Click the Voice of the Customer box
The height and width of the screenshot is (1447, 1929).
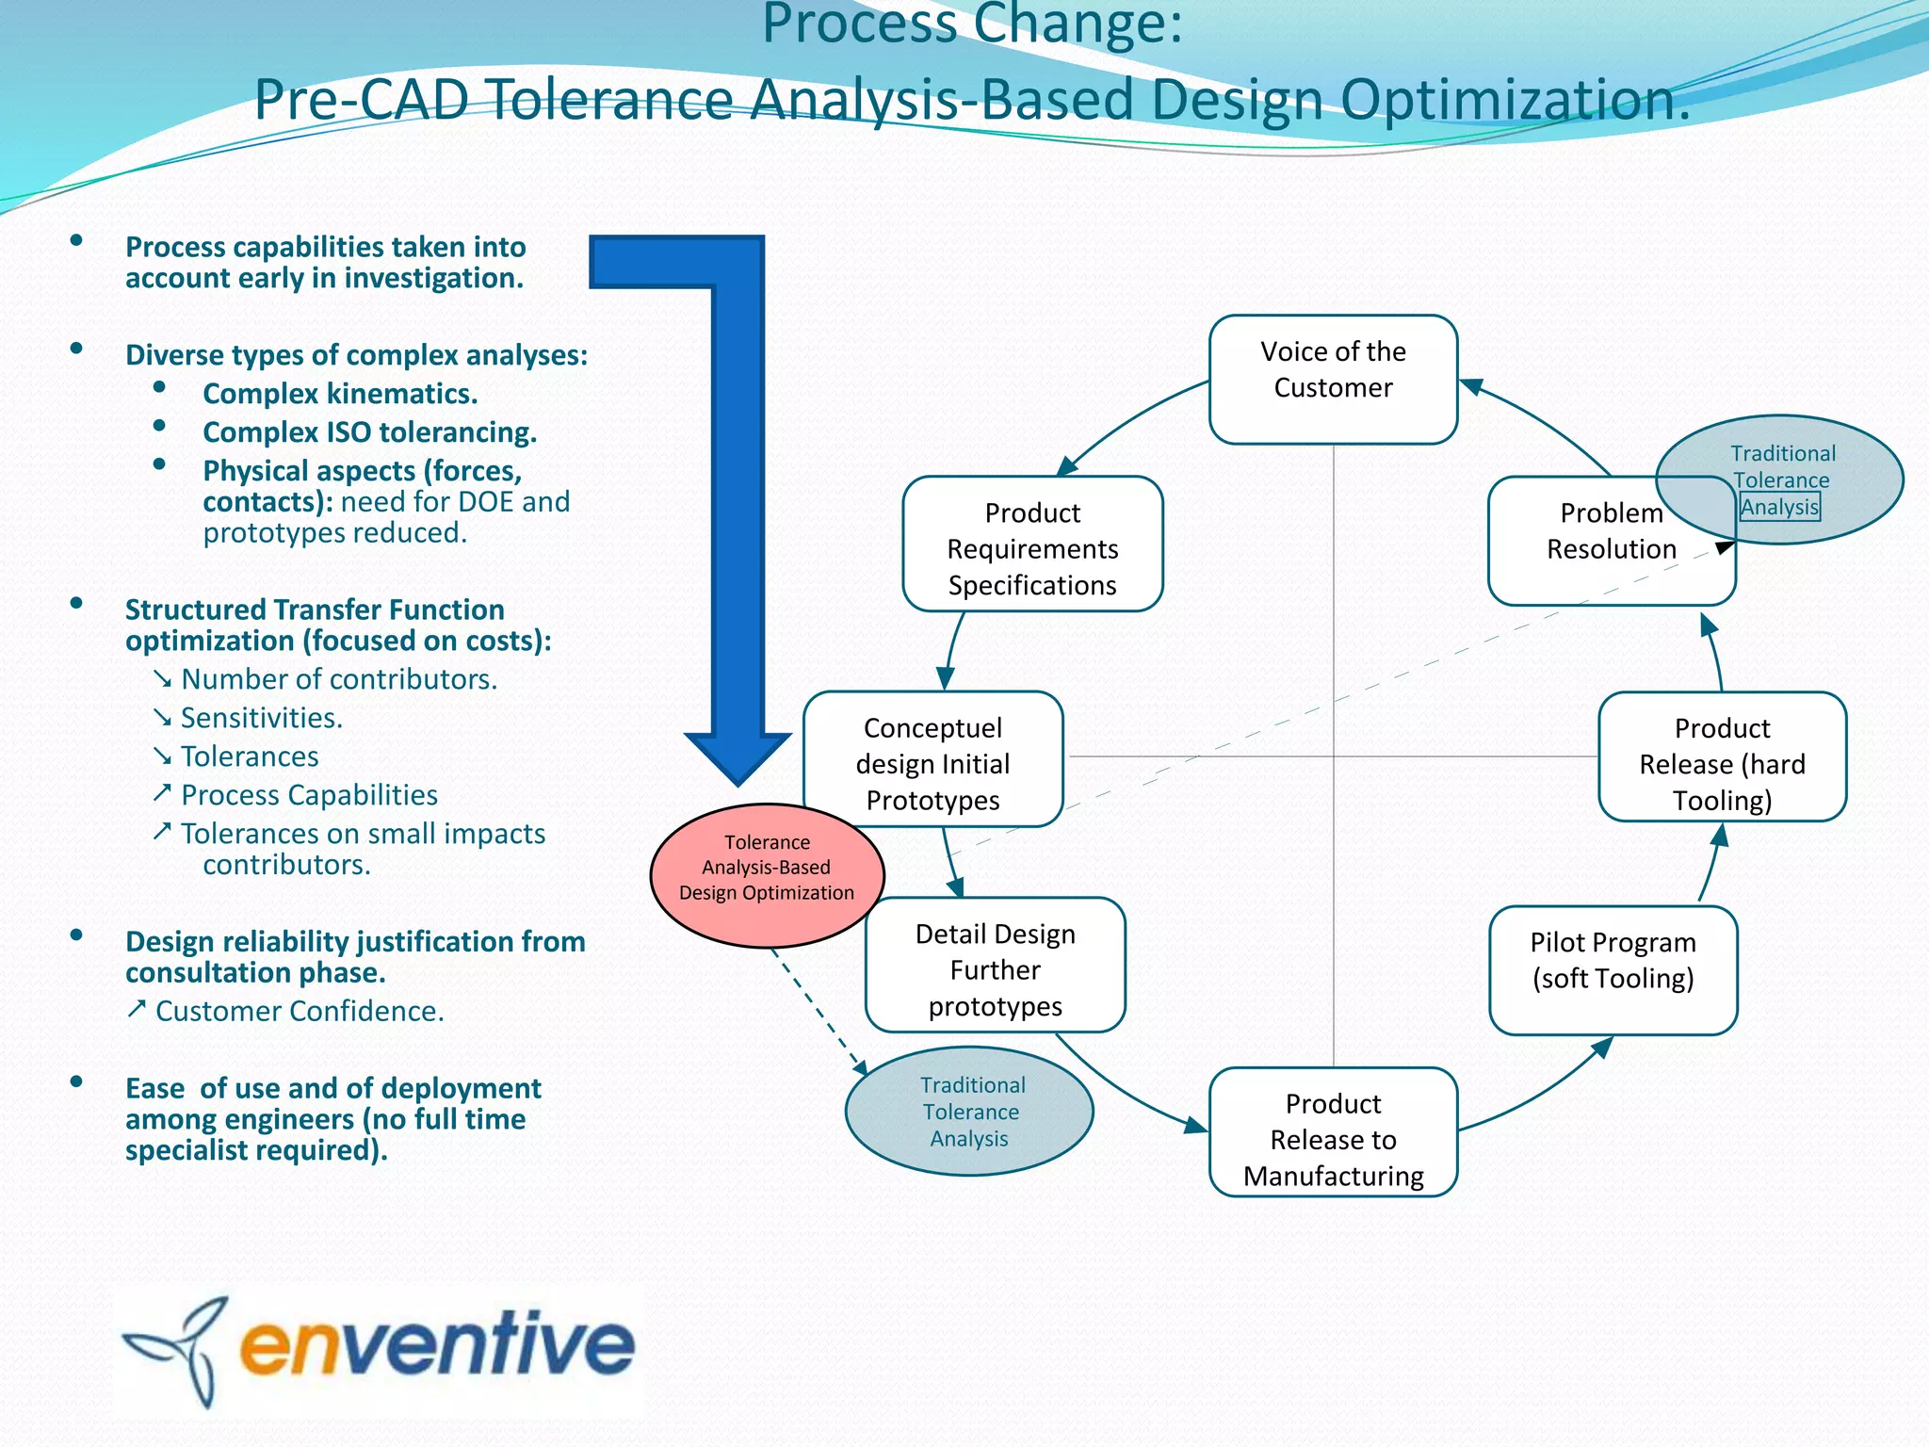[1333, 379]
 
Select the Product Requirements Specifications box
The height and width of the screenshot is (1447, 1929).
[1032, 545]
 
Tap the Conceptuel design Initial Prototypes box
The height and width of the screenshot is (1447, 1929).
[932, 759]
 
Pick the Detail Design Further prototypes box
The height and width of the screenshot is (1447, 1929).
[996, 966]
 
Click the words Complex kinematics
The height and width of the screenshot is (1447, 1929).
[340, 394]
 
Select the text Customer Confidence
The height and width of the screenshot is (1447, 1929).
[299, 1011]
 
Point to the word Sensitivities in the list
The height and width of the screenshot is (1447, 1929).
[261, 718]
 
